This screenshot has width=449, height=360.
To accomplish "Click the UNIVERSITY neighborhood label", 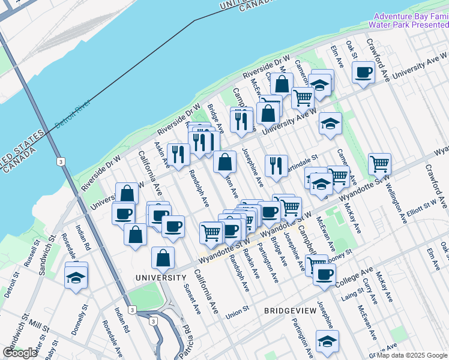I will (160, 278).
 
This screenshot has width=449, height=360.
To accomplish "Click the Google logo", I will (20, 353).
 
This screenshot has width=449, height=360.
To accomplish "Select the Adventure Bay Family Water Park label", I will (410, 20).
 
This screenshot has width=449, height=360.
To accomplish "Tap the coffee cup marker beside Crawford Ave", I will (364, 73).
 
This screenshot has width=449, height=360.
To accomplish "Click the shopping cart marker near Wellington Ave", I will (379, 163).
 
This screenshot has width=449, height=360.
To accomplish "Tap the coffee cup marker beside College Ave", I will (325, 275).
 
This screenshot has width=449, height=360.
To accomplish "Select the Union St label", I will (237, 314).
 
